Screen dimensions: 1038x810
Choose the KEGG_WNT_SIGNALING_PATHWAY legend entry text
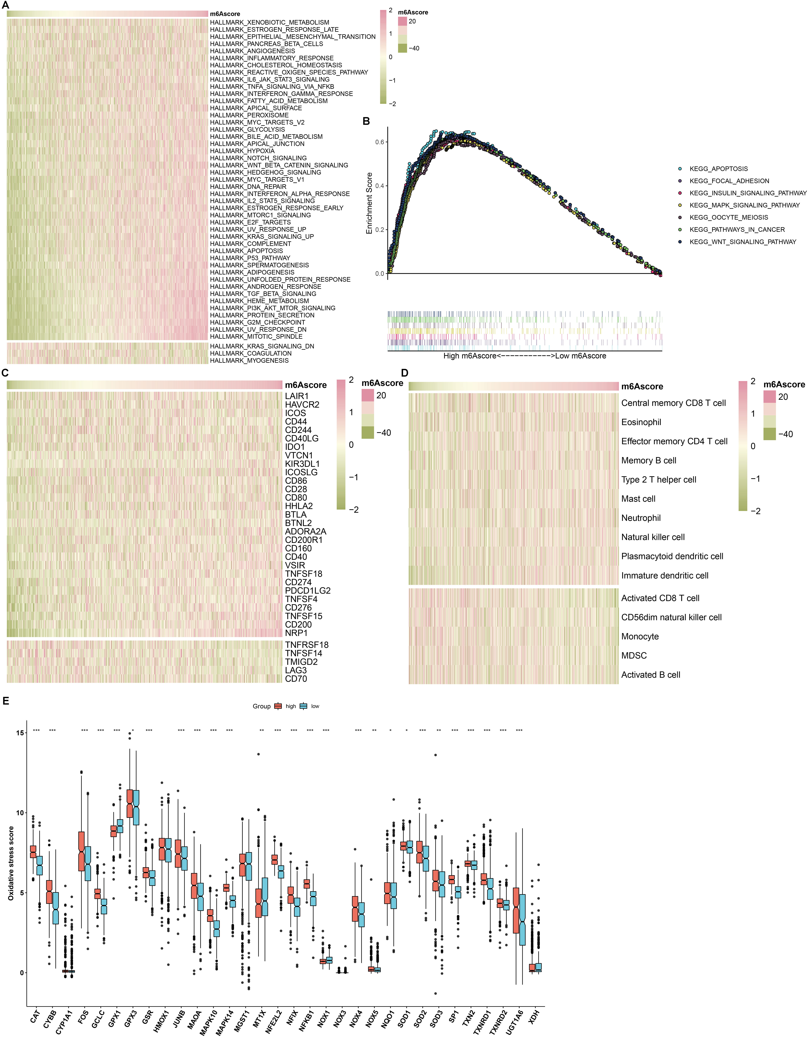point(742,242)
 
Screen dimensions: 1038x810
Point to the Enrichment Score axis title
point(369,203)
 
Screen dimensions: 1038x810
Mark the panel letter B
point(366,121)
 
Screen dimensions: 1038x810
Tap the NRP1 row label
point(296,633)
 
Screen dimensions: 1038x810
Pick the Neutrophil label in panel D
point(641,518)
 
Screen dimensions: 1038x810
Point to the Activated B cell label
point(650,675)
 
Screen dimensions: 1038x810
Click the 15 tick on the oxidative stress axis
point(20,732)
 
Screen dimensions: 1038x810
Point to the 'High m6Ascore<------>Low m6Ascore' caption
point(524,356)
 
